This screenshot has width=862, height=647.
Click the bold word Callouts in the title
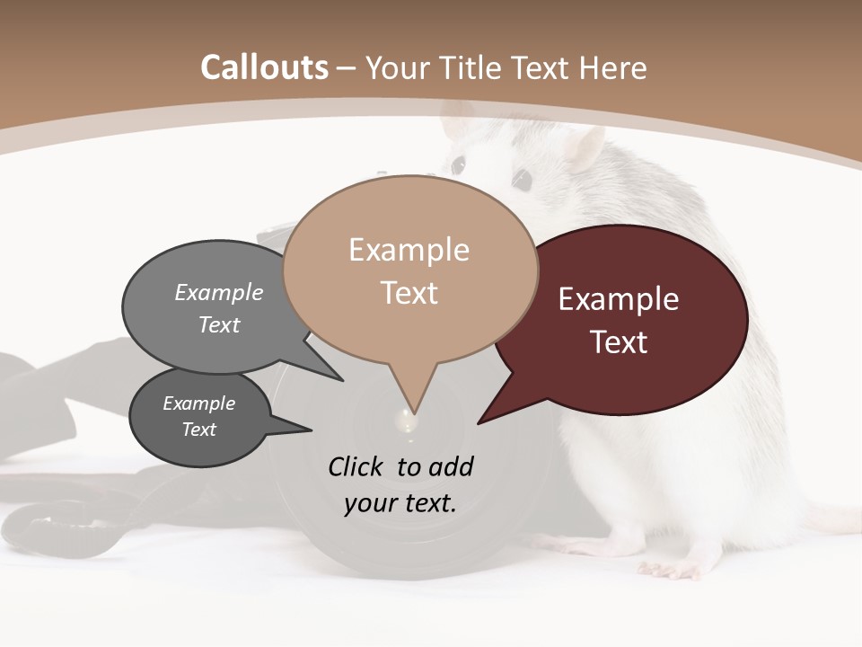[x=264, y=67]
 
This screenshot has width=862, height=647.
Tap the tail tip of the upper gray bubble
[x=341, y=379]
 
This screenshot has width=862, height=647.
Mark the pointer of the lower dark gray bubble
[x=310, y=430]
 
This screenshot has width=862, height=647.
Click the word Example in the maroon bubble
[x=619, y=299]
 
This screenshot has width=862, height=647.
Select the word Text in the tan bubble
[x=409, y=293]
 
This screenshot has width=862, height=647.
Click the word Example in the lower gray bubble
[x=198, y=403]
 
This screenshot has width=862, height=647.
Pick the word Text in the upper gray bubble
[x=219, y=325]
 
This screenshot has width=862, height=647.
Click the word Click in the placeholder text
[x=358, y=466]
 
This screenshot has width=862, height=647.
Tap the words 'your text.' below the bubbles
[x=400, y=503]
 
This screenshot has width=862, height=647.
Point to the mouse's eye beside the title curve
[x=459, y=164]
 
